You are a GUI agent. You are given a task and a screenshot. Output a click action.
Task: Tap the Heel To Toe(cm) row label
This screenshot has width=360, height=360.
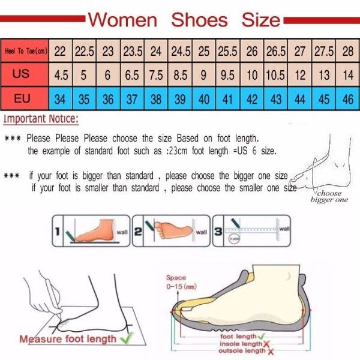click(25, 52)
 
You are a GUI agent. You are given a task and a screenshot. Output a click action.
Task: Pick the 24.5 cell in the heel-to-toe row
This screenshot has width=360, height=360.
click(179, 52)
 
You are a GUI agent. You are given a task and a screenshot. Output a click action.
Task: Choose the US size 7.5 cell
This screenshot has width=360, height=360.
click(156, 76)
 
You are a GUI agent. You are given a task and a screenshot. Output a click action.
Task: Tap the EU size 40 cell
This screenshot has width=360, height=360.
click(204, 98)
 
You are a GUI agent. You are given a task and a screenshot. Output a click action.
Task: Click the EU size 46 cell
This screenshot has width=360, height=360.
click(347, 98)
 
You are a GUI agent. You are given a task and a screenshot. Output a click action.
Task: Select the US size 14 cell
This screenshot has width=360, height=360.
click(347, 76)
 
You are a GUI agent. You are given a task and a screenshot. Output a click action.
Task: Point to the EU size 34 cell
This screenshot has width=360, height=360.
click(60, 98)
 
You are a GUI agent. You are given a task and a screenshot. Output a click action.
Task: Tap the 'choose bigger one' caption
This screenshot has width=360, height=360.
click(329, 197)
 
